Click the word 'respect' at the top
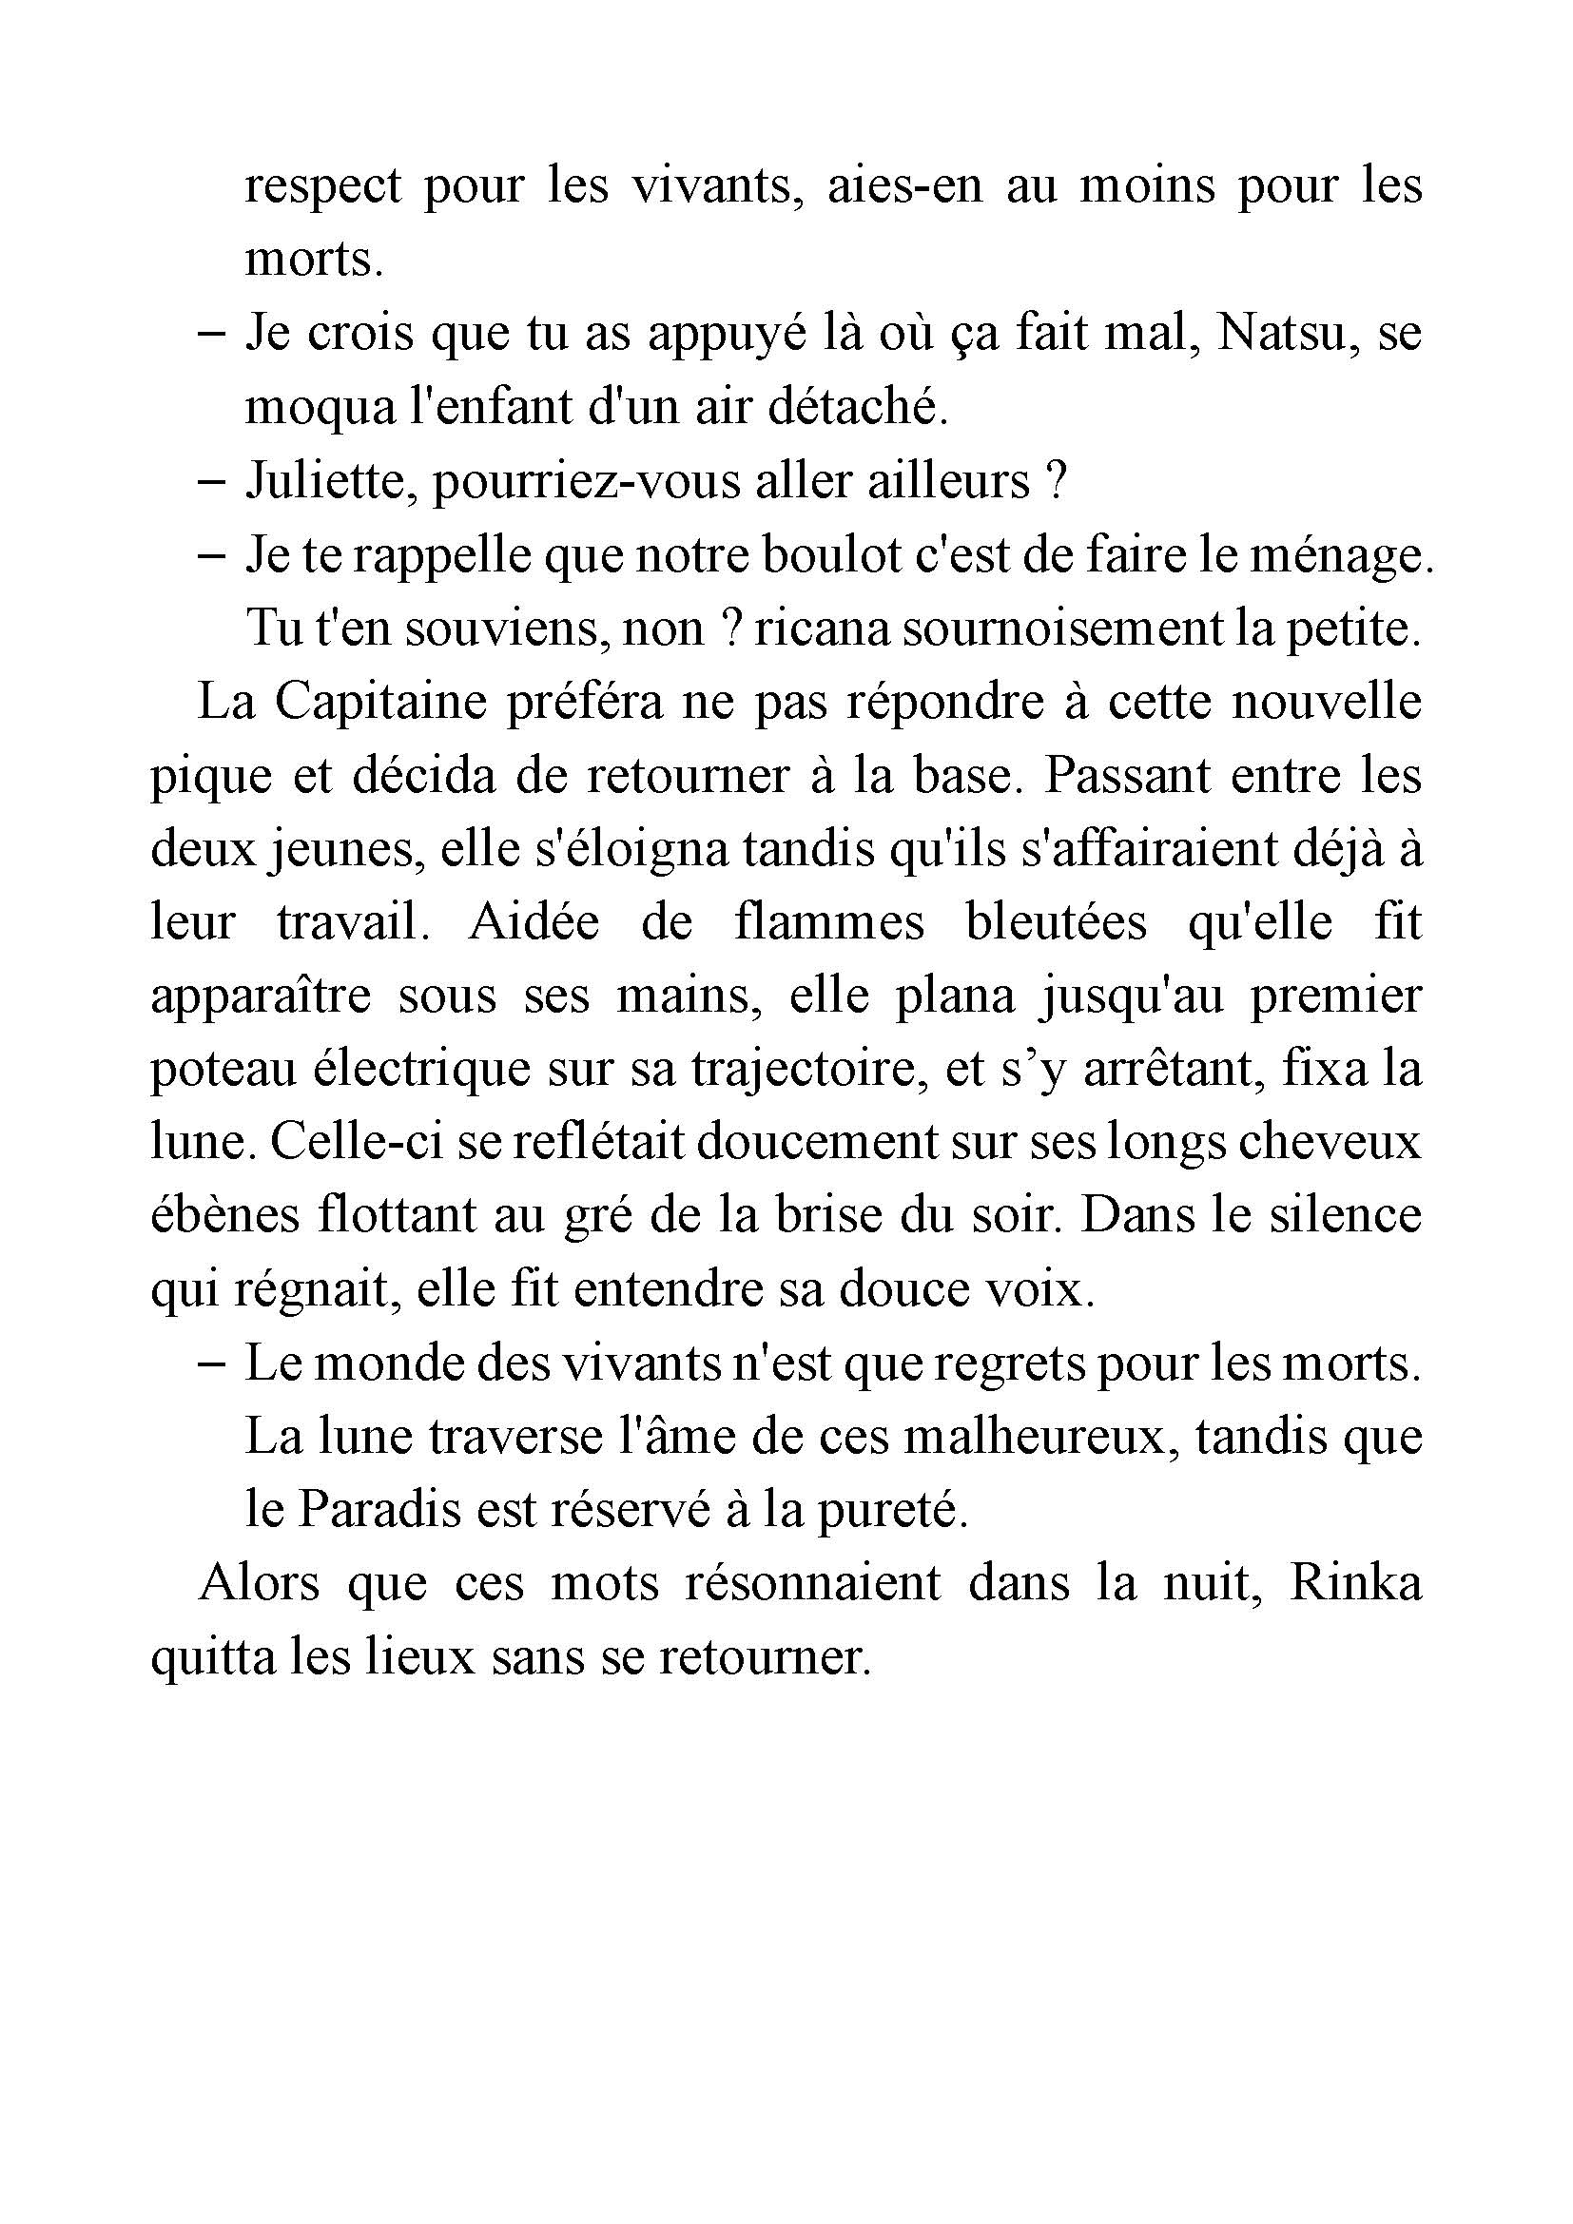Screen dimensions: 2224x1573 (x=321, y=186)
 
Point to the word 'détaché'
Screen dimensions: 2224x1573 (x=856, y=407)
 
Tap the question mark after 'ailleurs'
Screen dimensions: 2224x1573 (x=1058, y=480)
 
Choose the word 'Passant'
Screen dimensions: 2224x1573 (x=1126, y=775)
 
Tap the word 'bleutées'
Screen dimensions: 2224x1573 (x=1056, y=922)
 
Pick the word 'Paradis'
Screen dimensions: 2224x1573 (x=379, y=1511)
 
